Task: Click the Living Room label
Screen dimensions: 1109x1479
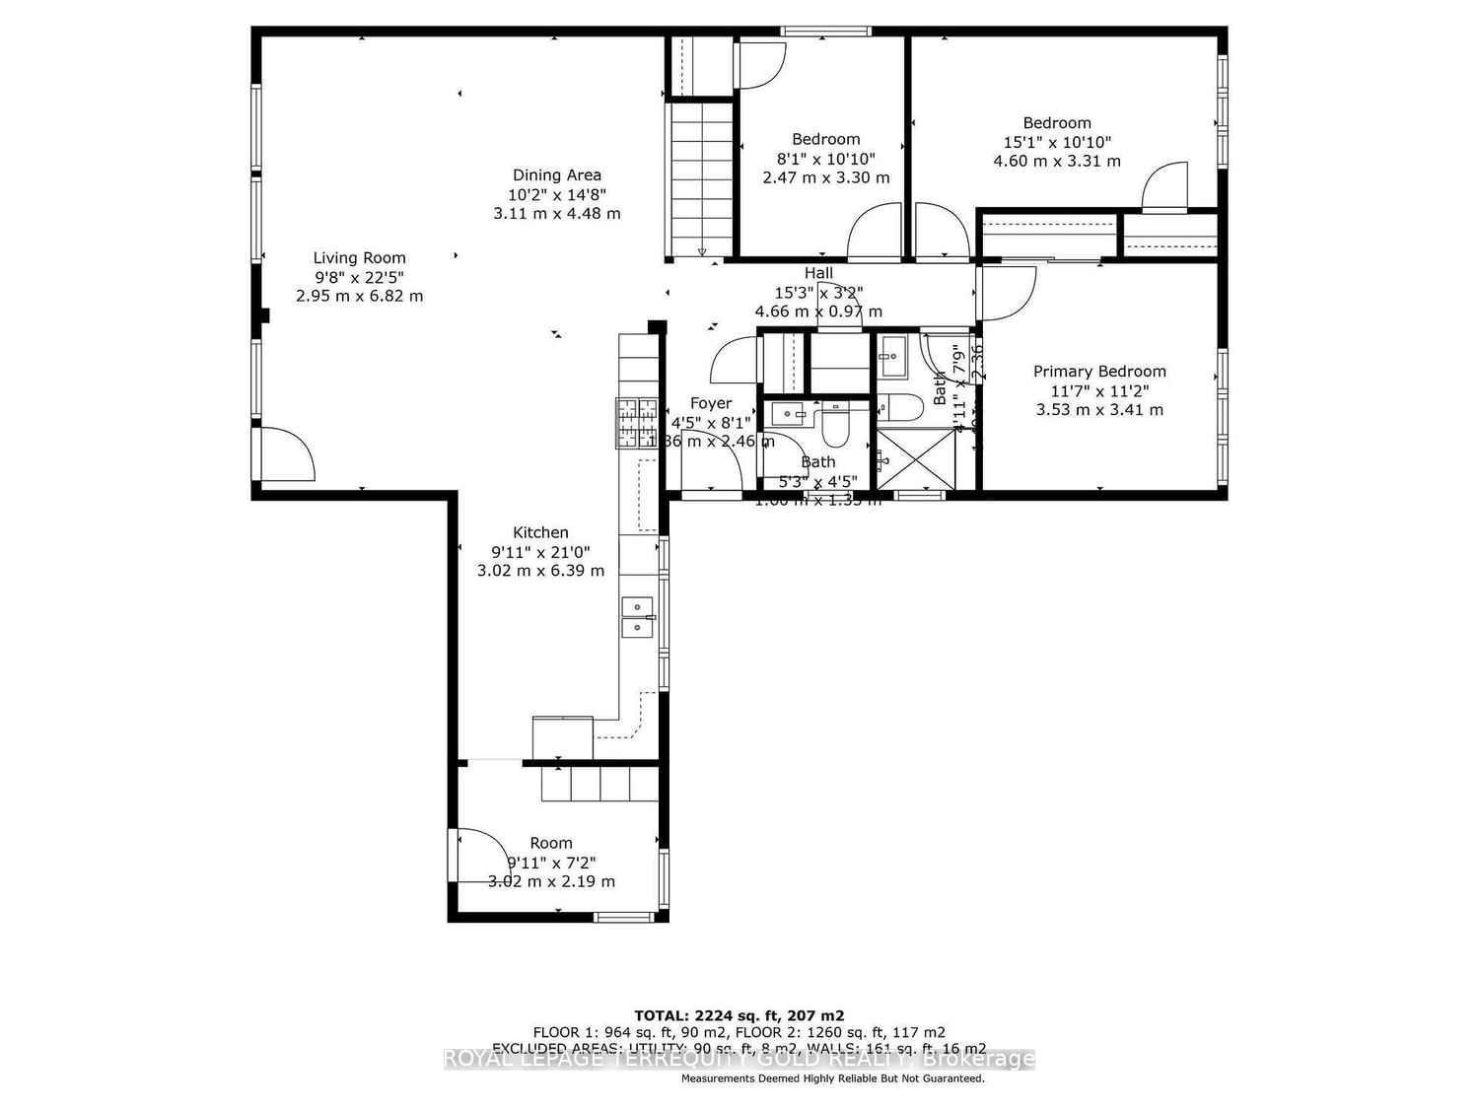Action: pos(359,258)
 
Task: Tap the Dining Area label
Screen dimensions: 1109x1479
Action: pos(556,175)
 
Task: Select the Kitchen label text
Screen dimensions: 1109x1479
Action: pos(540,532)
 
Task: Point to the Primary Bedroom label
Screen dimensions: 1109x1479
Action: pos(1099,372)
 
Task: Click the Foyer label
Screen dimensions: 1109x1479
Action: pos(711,403)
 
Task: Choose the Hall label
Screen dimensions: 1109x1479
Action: pos(818,273)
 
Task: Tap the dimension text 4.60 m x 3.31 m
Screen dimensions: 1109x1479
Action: pos(1057,161)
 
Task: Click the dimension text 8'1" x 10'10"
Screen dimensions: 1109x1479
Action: pos(825,159)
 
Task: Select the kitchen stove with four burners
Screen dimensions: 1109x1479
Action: pos(637,422)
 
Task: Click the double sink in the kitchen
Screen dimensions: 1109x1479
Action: pos(637,616)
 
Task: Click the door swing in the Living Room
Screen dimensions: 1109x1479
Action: pos(287,454)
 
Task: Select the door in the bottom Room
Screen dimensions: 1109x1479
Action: pos(482,856)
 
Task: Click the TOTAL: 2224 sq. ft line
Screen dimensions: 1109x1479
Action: pos(739,1015)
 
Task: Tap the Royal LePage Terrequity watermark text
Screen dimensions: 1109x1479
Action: pos(739,1060)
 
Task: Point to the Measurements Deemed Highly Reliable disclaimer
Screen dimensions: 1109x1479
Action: pos(832,1078)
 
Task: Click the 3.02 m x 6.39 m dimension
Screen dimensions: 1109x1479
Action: pos(540,571)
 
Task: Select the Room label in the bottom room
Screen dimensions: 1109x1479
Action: pos(550,843)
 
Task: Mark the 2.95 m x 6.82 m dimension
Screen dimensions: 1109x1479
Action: pos(359,296)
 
